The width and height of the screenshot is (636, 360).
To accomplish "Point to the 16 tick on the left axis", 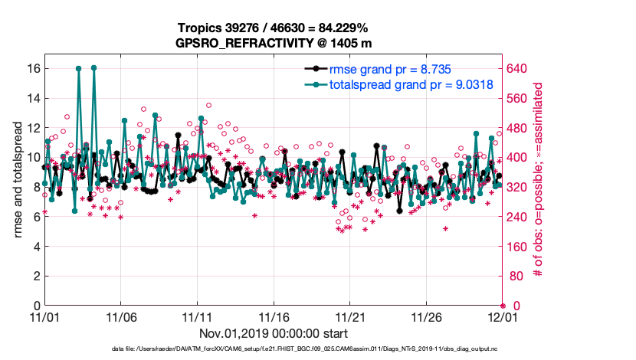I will pyautogui.click(x=33, y=68).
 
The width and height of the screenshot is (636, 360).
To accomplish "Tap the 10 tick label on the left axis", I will pyautogui.click(x=33, y=157).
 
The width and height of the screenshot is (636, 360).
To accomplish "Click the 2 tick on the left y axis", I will pyautogui.click(x=36, y=276).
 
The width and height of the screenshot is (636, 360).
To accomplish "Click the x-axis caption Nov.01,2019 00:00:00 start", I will pyautogui.click(x=274, y=333).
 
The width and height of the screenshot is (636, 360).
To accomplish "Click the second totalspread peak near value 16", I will pyautogui.click(x=93, y=67).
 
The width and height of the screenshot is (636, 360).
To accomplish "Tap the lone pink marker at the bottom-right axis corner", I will pyautogui.click(x=503, y=305).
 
